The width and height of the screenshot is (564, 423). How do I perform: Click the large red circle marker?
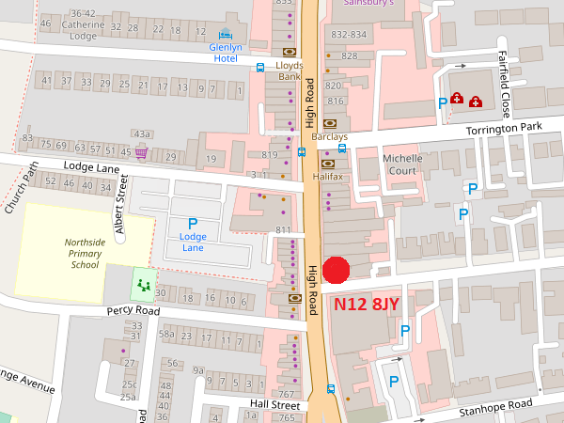pyautogui.click(x=336, y=270)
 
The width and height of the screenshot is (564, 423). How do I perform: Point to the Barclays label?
pyautogui.click(x=329, y=136)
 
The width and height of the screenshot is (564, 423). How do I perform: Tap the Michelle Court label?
pyautogui.click(x=402, y=164)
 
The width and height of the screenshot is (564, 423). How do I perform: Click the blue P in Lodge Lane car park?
pyautogui.click(x=193, y=223)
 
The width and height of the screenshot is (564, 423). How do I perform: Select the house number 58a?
pyautogui.click(x=167, y=334)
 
